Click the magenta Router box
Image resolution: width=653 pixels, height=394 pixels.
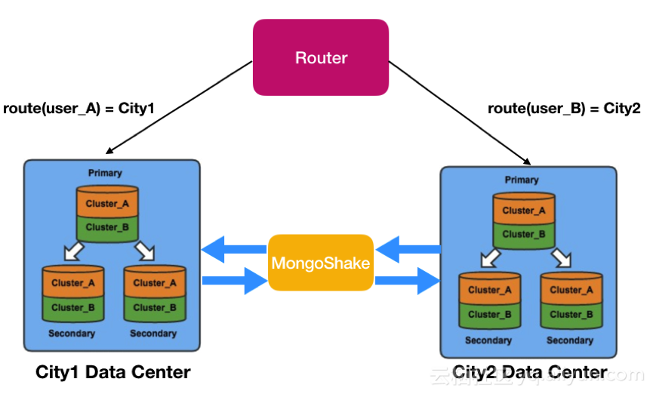pyautogui.click(x=321, y=57)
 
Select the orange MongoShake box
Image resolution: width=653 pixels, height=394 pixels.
pyautogui.click(x=321, y=263)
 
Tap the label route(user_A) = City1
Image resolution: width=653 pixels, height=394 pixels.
pyautogui.click(x=79, y=108)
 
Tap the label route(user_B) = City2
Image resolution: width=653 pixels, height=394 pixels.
pyautogui.click(x=564, y=108)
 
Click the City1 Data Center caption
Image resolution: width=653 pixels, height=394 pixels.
pyautogui.click(x=113, y=372)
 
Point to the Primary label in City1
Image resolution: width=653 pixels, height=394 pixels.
pyautogui.click(x=105, y=173)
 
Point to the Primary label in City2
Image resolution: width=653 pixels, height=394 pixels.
pyautogui.click(x=522, y=180)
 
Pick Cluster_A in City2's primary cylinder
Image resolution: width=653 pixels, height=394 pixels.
pyautogui.click(x=519, y=211)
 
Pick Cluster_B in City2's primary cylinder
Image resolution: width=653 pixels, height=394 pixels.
pyautogui.click(x=519, y=234)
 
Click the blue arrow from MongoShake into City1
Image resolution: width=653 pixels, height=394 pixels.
pyautogui.click(x=234, y=248)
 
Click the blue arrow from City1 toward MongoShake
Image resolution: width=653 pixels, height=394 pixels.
pyautogui.click(x=234, y=281)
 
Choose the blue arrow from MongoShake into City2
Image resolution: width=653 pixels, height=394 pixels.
pyautogui.click(x=408, y=281)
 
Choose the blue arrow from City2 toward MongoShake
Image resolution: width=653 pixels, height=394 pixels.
pyautogui.click(x=408, y=248)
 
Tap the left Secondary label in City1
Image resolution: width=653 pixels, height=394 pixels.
pyautogui.click(x=72, y=334)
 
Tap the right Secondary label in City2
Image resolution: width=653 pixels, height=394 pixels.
pyautogui.click(x=570, y=340)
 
